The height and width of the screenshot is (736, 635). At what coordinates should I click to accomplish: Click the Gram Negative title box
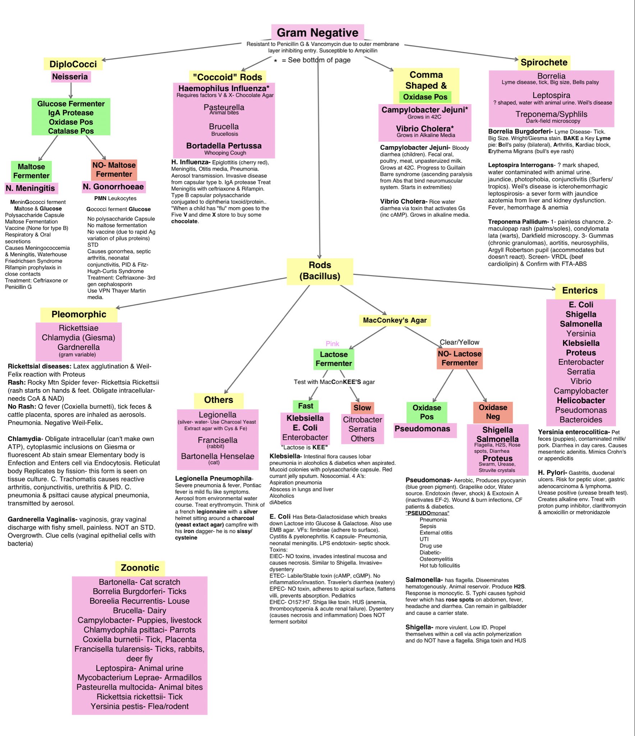[317, 32]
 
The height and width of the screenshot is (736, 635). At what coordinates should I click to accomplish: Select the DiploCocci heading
[73, 64]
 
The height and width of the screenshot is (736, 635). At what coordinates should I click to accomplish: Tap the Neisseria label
[70, 77]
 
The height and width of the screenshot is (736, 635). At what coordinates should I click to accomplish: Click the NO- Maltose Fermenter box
[114, 170]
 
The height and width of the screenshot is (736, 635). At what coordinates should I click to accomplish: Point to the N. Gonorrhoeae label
[113, 187]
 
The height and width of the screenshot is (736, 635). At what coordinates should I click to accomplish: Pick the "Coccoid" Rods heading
[227, 77]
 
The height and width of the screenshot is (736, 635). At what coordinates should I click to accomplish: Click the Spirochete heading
[544, 62]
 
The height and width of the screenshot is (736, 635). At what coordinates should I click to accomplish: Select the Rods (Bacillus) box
[320, 271]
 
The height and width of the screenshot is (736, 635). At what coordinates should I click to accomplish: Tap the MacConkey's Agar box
[395, 320]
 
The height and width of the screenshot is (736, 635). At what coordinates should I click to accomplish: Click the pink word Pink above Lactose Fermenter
[332, 344]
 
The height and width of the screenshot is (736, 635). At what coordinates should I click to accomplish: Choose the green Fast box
[305, 406]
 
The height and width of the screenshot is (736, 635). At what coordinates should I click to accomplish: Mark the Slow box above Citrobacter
[362, 408]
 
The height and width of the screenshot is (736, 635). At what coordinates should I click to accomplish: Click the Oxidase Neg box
[493, 412]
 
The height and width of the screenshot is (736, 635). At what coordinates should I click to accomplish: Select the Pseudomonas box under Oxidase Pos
[422, 429]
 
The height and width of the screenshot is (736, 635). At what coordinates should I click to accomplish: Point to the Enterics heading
[580, 290]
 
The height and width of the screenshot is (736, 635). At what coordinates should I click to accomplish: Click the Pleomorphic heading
[79, 314]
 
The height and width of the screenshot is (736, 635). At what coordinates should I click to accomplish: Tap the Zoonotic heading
[140, 568]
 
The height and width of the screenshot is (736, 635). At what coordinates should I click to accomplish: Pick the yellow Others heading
[218, 400]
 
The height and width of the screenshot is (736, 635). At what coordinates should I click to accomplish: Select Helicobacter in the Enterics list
[581, 400]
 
